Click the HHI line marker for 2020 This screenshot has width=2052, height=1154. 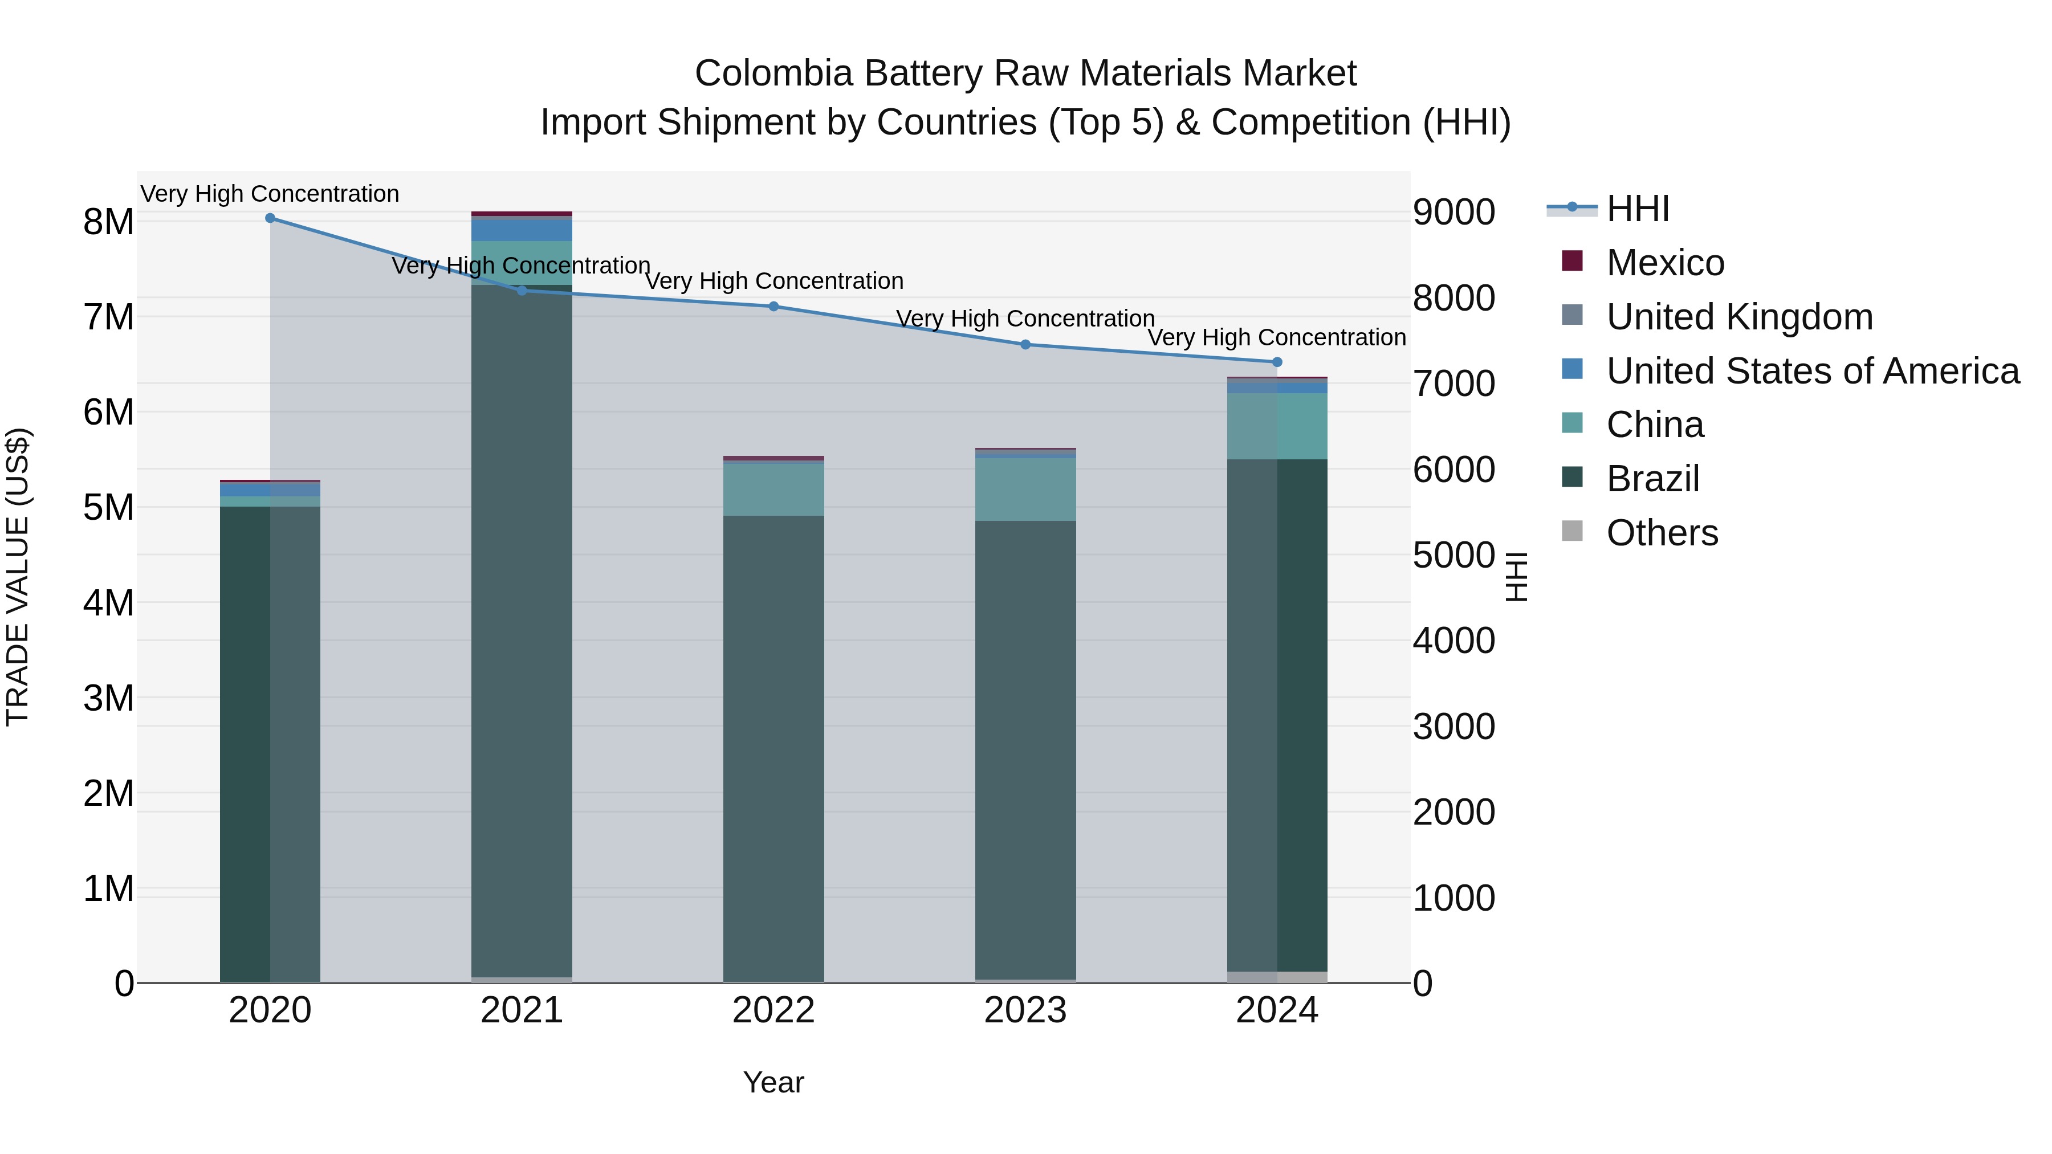point(270,218)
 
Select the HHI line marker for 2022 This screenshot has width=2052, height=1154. point(773,307)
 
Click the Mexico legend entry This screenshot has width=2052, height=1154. point(1665,263)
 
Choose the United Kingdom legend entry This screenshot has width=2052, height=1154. point(1739,317)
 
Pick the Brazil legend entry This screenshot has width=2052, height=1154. point(1653,479)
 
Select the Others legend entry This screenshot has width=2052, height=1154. point(1662,533)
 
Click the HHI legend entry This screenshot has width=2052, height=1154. point(1638,209)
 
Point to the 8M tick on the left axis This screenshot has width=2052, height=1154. point(108,222)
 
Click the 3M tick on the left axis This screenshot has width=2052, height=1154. point(108,699)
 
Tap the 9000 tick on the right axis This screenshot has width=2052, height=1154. point(1453,213)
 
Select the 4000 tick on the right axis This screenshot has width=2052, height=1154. point(1453,641)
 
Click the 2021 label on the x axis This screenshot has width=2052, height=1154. point(522,1010)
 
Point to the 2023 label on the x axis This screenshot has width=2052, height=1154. point(1025,1010)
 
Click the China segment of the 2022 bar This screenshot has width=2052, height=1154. point(773,489)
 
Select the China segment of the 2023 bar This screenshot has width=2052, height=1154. point(1025,489)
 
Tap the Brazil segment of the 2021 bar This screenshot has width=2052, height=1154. point(522,629)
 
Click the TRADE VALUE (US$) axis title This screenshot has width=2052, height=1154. point(18,577)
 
